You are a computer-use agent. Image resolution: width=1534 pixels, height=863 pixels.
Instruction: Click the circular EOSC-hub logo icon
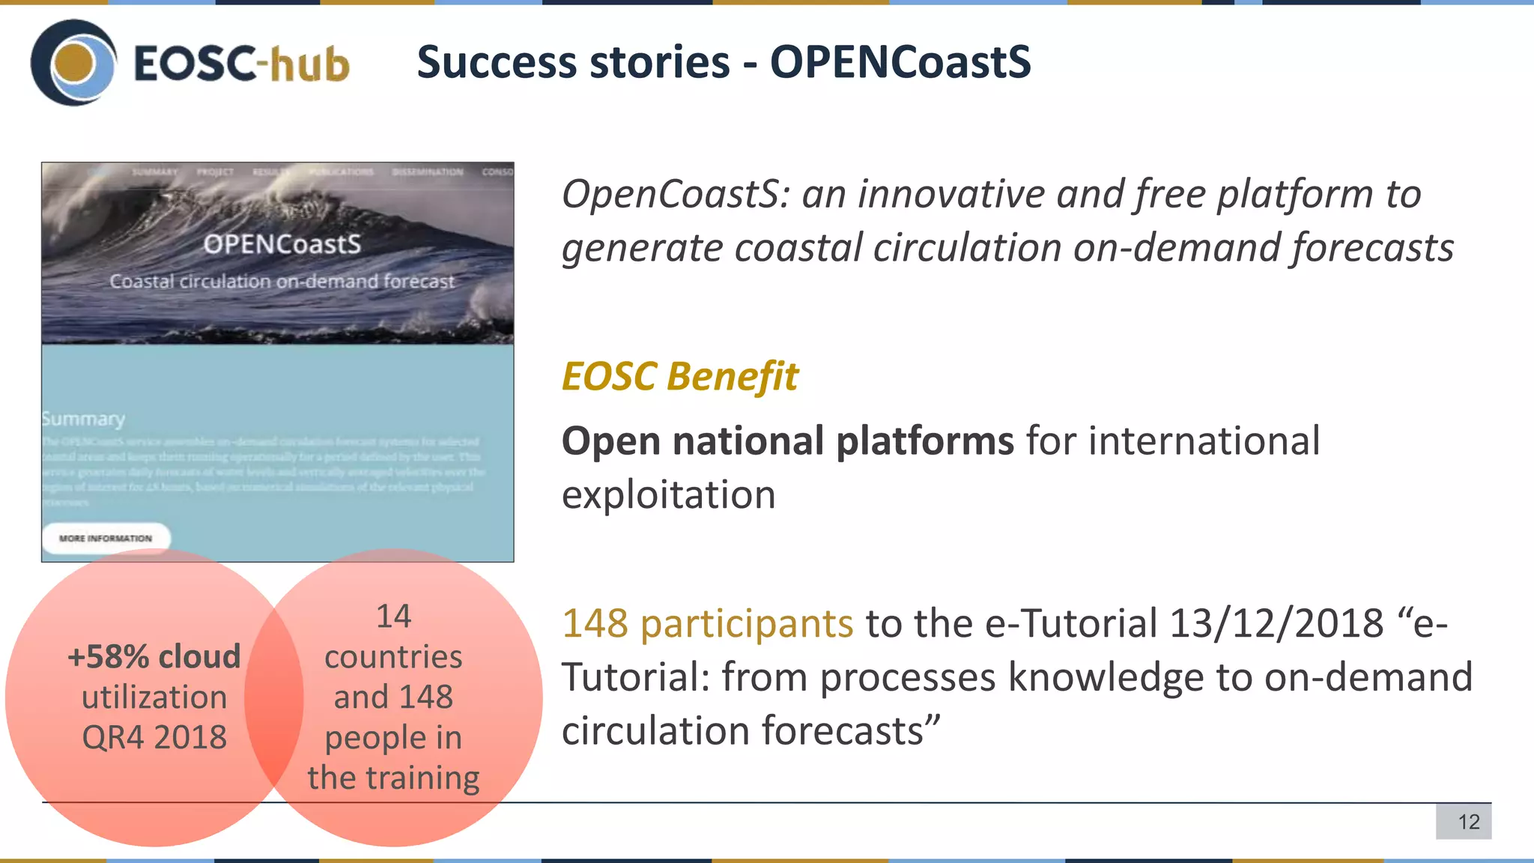(73, 62)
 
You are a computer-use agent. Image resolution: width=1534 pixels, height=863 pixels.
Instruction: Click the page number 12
(1468, 822)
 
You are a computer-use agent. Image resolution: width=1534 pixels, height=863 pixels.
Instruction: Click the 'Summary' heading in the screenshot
(83, 419)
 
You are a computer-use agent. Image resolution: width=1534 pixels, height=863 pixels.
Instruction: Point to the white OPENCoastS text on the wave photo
(282, 244)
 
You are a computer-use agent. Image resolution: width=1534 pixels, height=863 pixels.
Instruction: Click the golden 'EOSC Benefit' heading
(679, 376)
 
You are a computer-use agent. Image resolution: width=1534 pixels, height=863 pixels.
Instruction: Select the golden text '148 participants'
(707, 623)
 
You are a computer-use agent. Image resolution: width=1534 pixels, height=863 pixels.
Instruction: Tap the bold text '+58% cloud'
(154, 657)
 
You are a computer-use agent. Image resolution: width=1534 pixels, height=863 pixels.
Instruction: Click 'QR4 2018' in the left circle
(154, 738)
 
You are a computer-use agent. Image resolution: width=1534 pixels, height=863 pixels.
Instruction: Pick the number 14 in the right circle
(393, 617)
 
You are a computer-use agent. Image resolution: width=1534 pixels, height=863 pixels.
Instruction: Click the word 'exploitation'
(668, 495)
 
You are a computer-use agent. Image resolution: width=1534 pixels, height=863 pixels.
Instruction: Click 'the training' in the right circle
(393, 778)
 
